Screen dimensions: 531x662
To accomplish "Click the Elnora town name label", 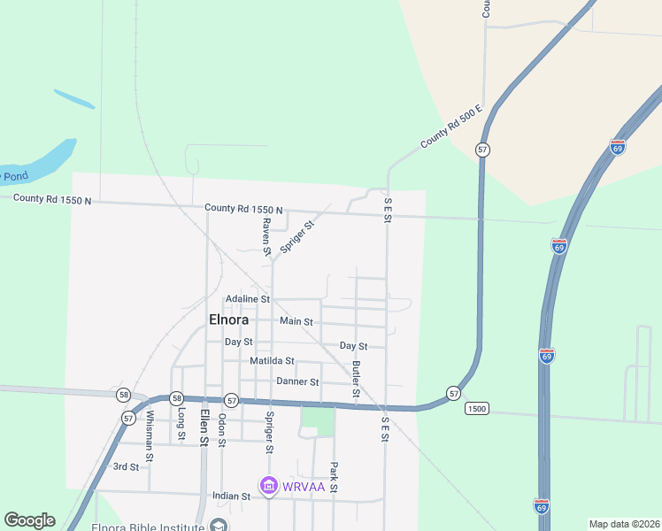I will (x=228, y=319).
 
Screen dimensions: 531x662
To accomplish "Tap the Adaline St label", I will (x=247, y=299).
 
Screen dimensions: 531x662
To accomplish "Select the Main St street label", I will (x=296, y=321).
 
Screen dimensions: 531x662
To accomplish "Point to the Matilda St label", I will (x=272, y=361).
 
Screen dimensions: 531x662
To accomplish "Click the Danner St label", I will (x=297, y=381).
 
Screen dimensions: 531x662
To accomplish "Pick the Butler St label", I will (x=356, y=378).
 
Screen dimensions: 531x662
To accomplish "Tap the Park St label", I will (x=334, y=477).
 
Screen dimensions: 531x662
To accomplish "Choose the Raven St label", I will (x=266, y=237).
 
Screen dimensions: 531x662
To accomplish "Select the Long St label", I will (x=181, y=424).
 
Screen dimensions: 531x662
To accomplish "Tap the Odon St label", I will (x=222, y=429).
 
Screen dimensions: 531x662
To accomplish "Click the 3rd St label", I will (x=126, y=466).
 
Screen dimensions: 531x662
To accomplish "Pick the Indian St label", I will (x=232, y=496).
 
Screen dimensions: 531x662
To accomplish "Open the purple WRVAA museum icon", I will (x=268, y=486).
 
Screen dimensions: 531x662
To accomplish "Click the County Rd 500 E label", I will (x=450, y=126).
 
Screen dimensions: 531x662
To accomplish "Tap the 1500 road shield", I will (x=476, y=408).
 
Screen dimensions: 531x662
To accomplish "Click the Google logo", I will (x=29, y=520).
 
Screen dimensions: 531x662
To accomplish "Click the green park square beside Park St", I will (x=318, y=420).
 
